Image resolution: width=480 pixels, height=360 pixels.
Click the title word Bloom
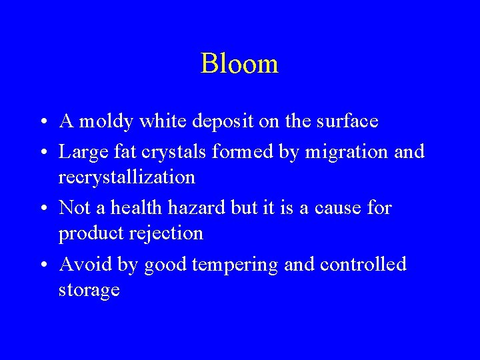pyautogui.click(x=239, y=64)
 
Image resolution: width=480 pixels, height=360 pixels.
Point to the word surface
pyautogui.click(x=343, y=121)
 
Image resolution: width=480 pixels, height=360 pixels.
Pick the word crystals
pyautogui.click(x=175, y=153)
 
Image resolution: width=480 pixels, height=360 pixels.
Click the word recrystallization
pyautogui.click(x=127, y=178)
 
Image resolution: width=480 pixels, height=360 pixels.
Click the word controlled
pyautogui.click(x=363, y=265)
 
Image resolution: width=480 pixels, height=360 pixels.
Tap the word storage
pyautogui.click(x=89, y=291)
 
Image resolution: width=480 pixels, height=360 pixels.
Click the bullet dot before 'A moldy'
pyautogui.click(x=42, y=123)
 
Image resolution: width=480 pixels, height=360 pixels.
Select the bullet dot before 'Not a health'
pyautogui.click(x=42, y=209)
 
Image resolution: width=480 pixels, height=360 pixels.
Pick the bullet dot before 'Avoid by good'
pyautogui.click(x=42, y=266)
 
